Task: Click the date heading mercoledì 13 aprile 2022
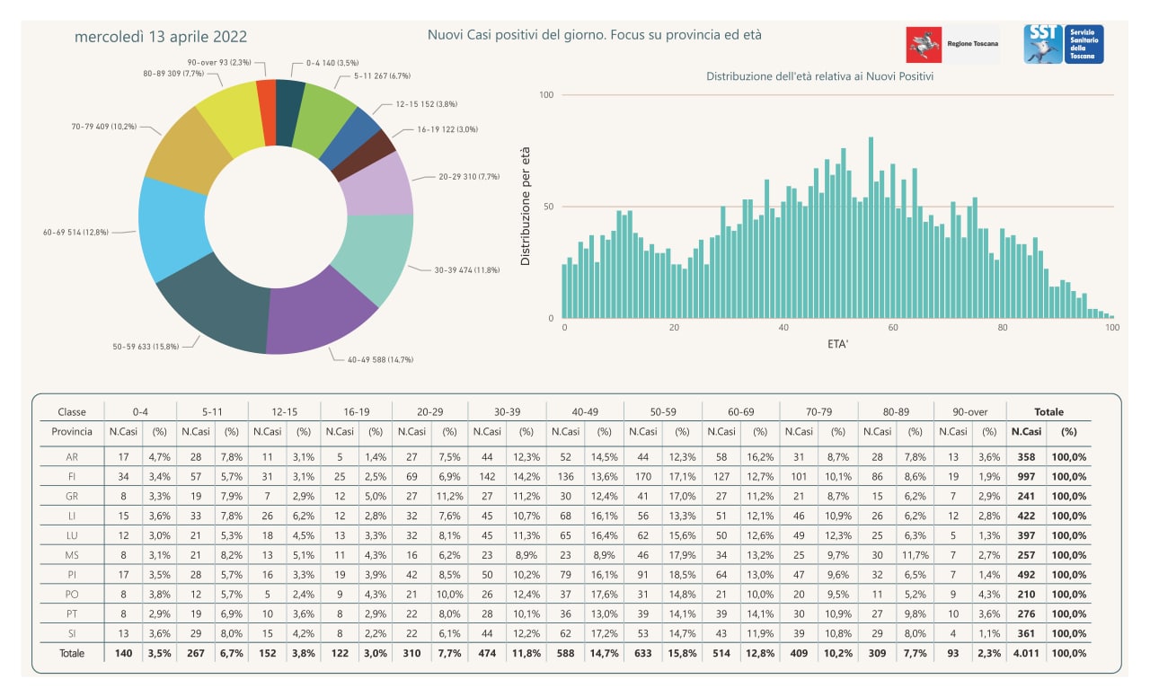click(161, 37)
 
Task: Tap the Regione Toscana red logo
click(924, 45)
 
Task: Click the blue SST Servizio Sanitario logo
click(1063, 44)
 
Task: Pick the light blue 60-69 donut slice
click(172, 228)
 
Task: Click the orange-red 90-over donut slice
click(267, 113)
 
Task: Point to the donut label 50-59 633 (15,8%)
click(146, 347)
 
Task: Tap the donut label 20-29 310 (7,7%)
click(469, 177)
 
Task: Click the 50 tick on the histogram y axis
click(548, 207)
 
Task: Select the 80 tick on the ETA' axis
click(1002, 328)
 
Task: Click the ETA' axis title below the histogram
click(838, 344)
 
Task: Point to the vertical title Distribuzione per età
click(525, 207)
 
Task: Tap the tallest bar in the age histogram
click(871, 228)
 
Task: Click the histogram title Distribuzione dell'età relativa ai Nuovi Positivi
click(820, 76)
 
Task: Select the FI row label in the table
click(72, 476)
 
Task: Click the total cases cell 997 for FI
click(1026, 476)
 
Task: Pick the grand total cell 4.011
click(1026, 653)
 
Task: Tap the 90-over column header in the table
click(970, 411)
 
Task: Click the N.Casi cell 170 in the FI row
click(642, 476)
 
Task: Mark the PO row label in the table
click(72, 595)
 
